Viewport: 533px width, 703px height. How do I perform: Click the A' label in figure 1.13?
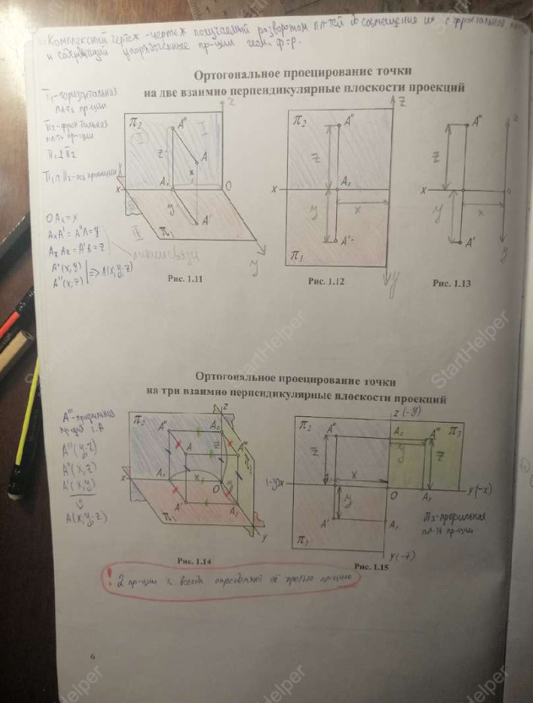click(470, 243)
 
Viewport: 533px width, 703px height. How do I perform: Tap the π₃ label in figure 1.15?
click(454, 432)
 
